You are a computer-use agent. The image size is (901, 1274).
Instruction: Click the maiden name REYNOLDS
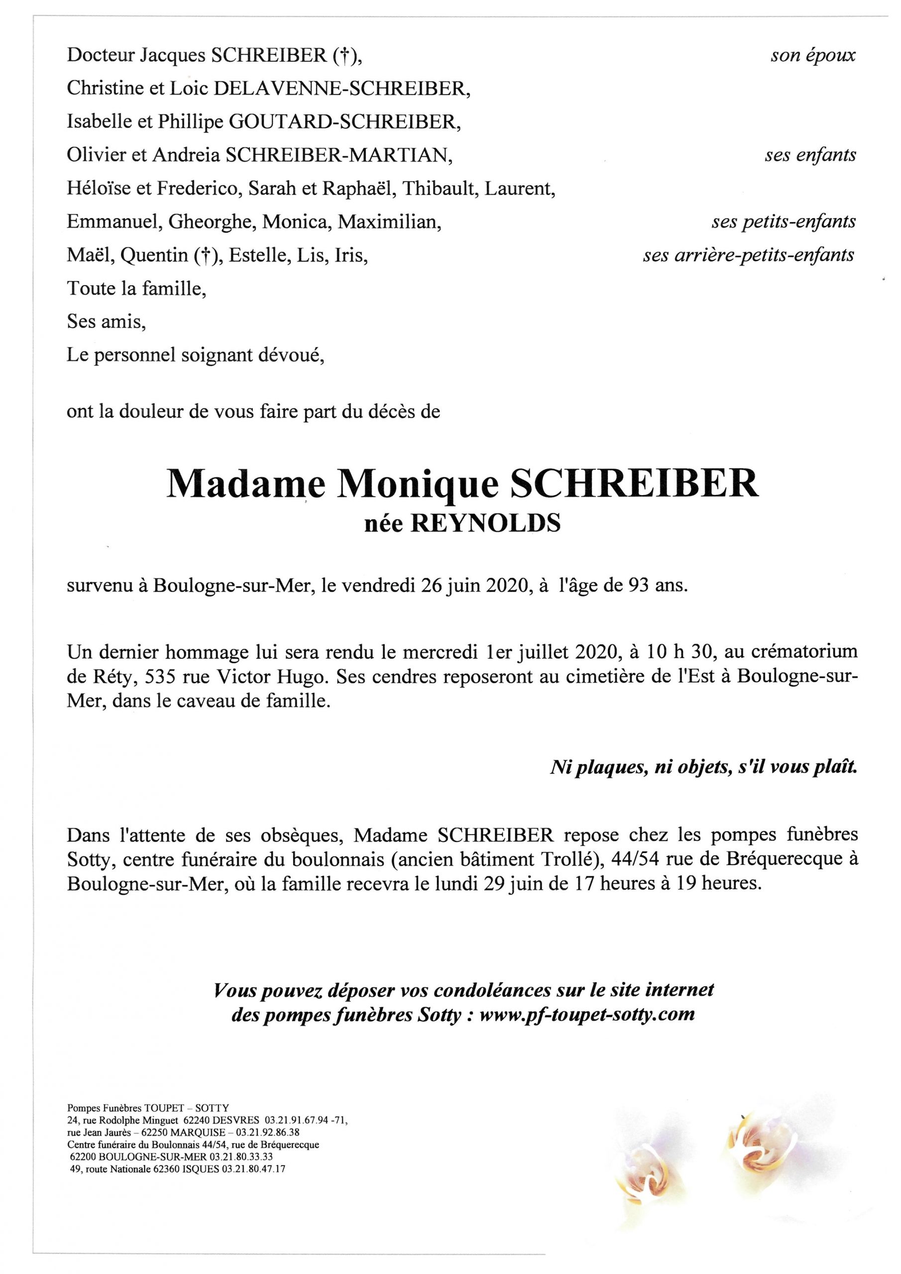(485, 523)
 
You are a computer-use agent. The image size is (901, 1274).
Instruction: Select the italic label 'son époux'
(813, 55)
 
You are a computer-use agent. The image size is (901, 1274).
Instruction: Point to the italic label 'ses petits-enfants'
(784, 222)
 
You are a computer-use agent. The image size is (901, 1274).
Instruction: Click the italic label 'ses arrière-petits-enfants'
(748, 255)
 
